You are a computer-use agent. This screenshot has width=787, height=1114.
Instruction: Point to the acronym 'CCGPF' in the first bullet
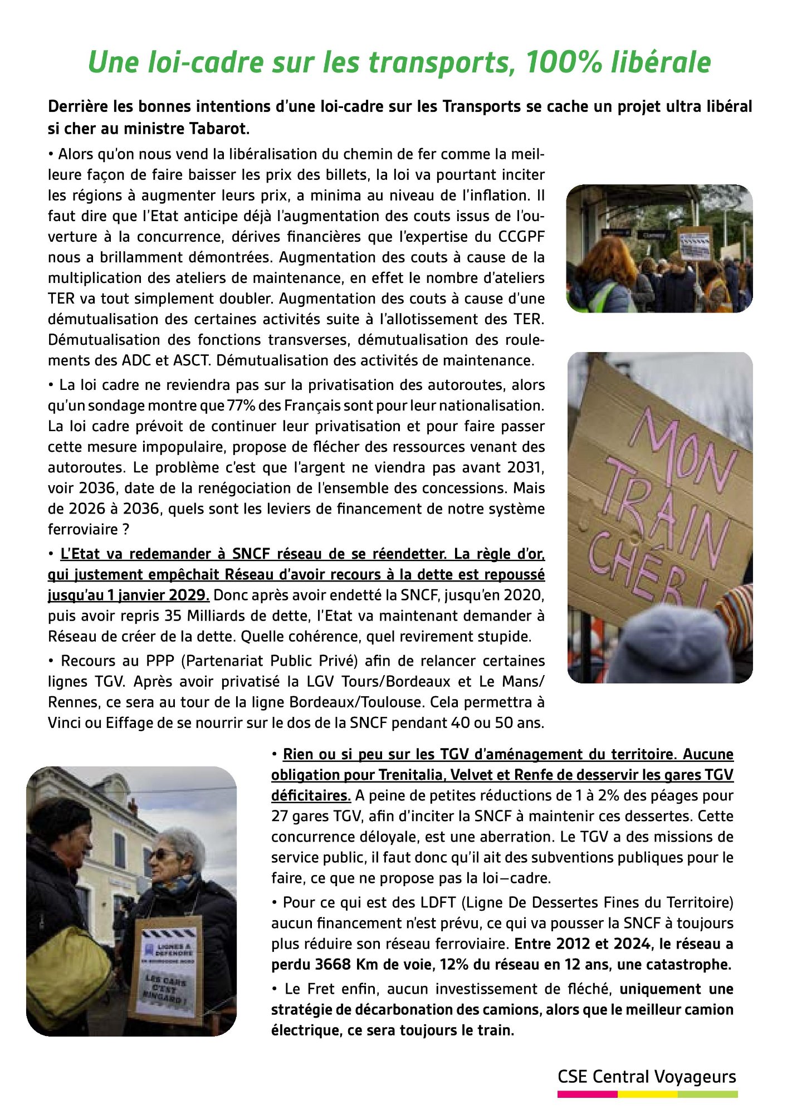tap(521, 237)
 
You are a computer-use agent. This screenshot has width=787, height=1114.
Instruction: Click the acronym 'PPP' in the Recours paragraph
tap(162, 661)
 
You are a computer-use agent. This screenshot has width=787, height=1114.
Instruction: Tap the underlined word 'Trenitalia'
tap(410, 775)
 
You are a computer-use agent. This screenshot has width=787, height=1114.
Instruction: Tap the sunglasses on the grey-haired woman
tap(158, 854)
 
